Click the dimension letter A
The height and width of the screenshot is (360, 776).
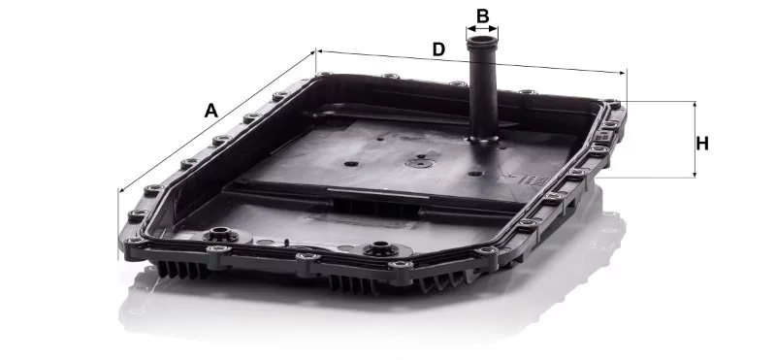point(211,111)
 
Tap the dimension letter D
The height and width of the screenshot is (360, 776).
point(439,49)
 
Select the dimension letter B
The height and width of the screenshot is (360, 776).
point(482,16)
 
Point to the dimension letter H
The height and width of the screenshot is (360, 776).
point(701,144)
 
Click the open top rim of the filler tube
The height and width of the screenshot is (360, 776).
point(482,40)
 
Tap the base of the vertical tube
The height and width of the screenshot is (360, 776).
point(483,139)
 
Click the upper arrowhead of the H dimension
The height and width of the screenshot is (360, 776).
point(695,105)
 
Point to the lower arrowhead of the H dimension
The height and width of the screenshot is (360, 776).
point(695,174)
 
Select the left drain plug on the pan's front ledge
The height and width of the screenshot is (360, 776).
point(221,234)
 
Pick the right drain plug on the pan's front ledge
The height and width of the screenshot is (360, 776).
point(380,247)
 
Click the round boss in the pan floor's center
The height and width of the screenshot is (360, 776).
point(421,162)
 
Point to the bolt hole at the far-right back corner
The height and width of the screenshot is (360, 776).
point(612,103)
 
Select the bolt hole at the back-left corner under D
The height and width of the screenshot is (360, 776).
point(324,75)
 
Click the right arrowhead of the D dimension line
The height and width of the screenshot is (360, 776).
point(622,73)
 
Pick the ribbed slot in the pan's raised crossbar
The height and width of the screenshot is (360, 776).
point(377,208)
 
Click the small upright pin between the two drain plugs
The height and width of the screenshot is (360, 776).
point(286,243)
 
